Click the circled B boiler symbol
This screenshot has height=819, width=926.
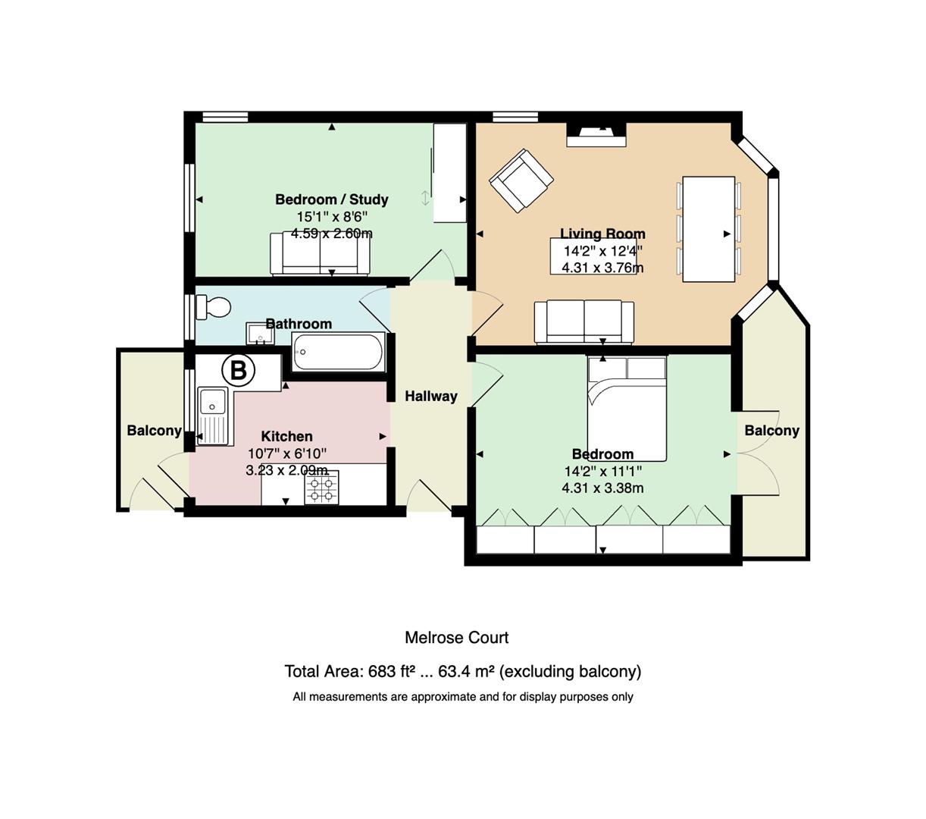pyautogui.click(x=238, y=370)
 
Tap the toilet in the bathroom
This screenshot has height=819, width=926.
pyautogui.click(x=213, y=306)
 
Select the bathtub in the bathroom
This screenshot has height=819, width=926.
pyautogui.click(x=338, y=352)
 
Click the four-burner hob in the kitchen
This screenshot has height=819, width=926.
pyautogui.click(x=322, y=488)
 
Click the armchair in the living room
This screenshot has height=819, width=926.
pyautogui.click(x=521, y=180)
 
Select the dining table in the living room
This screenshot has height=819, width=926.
pyautogui.click(x=709, y=229)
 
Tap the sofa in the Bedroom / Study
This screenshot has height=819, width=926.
pyautogui.click(x=320, y=254)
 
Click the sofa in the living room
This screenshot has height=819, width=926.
pyautogui.click(x=584, y=322)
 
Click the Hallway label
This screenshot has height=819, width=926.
pyautogui.click(x=431, y=397)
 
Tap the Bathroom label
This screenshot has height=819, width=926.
pyautogui.click(x=299, y=324)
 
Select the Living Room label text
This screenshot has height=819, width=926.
pyautogui.click(x=602, y=234)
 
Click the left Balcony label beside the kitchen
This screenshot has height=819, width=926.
pyautogui.click(x=154, y=431)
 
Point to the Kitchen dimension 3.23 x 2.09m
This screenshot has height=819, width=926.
pyautogui.click(x=287, y=470)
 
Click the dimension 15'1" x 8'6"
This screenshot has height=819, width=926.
pyautogui.click(x=332, y=216)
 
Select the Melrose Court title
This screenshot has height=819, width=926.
pyautogui.click(x=457, y=638)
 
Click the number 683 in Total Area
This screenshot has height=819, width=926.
pyautogui.click(x=382, y=672)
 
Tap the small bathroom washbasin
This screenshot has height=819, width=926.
pyautogui.click(x=260, y=333)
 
